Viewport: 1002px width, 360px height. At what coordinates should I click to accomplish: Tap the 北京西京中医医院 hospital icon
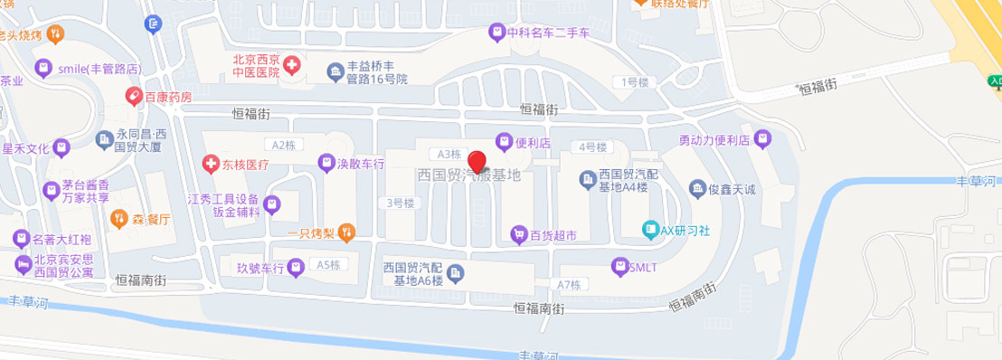point(293,65)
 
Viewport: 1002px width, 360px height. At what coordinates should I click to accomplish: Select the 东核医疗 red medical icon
point(212,164)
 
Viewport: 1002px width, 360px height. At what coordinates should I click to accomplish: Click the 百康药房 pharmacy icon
point(132,95)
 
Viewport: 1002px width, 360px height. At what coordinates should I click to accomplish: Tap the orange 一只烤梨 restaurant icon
point(348,233)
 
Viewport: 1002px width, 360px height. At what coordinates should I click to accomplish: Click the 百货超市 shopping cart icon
point(517,234)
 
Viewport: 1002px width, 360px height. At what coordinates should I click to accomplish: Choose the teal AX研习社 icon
point(650,230)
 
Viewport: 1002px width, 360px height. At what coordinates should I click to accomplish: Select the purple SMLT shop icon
point(620,266)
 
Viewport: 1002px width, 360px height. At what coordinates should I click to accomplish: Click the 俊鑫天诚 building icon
point(698,188)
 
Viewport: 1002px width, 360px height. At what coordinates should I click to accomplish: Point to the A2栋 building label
point(284,145)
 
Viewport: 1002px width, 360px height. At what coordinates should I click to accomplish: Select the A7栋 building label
point(567,284)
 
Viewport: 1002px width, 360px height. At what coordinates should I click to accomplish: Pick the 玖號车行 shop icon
point(294,269)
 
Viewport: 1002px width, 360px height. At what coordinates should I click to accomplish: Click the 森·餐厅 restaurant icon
point(118,218)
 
